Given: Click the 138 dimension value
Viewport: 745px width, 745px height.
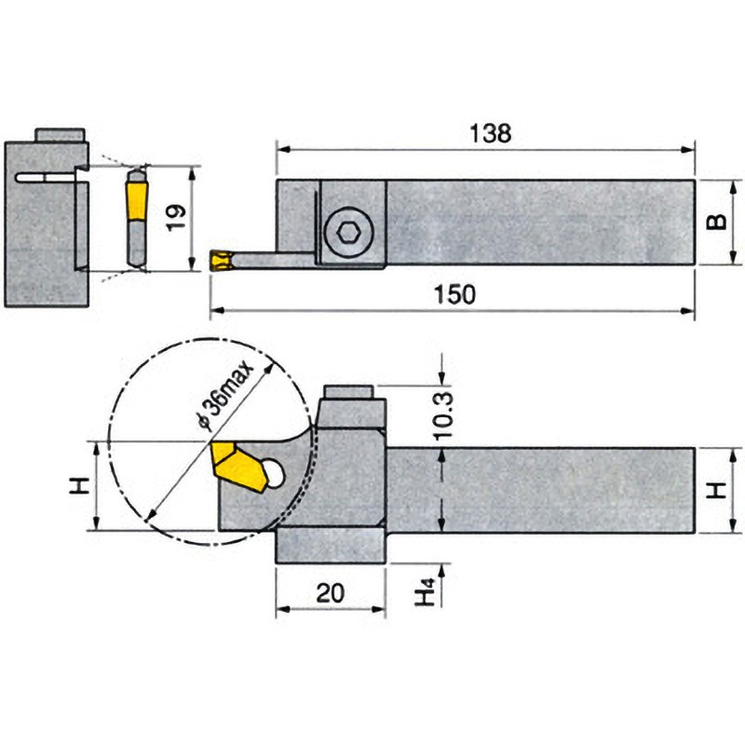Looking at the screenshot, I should [x=489, y=133].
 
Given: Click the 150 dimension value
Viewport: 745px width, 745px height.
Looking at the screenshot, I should [x=456, y=294].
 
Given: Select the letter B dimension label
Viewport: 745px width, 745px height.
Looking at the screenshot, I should [x=715, y=223].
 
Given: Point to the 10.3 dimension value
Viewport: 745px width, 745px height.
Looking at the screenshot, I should [x=445, y=413].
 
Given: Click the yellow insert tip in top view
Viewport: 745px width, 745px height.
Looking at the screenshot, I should [x=220, y=261].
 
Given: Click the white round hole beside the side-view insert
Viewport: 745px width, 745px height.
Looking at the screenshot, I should [x=272, y=473].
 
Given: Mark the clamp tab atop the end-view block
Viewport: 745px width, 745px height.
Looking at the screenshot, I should [x=60, y=135].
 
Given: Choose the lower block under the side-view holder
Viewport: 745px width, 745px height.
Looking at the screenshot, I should [x=331, y=546].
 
